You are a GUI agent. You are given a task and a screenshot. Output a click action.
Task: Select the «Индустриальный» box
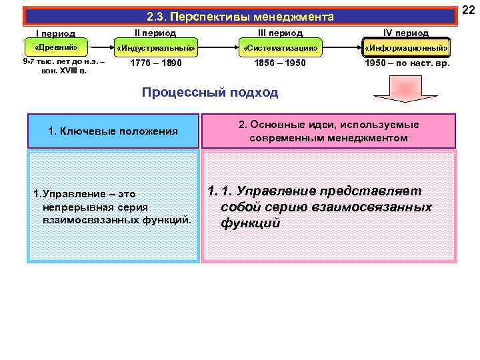(x=155, y=48)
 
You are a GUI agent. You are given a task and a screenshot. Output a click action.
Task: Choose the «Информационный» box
(x=406, y=48)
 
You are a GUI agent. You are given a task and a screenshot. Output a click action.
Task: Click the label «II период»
(x=155, y=32)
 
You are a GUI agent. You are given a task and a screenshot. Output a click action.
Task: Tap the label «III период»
(x=280, y=32)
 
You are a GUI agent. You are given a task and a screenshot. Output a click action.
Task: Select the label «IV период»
(x=406, y=32)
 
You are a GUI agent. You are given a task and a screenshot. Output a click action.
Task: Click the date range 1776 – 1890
(x=155, y=63)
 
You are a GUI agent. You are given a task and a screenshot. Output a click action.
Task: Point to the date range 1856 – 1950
(x=280, y=63)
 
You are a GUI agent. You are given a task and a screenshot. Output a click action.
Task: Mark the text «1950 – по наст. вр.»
(x=407, y=63)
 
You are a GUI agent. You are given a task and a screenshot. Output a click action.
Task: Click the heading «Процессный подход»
(x=210, y=93)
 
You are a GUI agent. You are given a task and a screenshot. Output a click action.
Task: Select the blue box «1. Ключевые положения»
(x=113, y=131)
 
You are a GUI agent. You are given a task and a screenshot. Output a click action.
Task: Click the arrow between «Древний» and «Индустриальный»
(x=99, y=48)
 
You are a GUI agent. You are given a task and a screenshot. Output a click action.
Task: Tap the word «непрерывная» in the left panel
(x=69, y=206)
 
